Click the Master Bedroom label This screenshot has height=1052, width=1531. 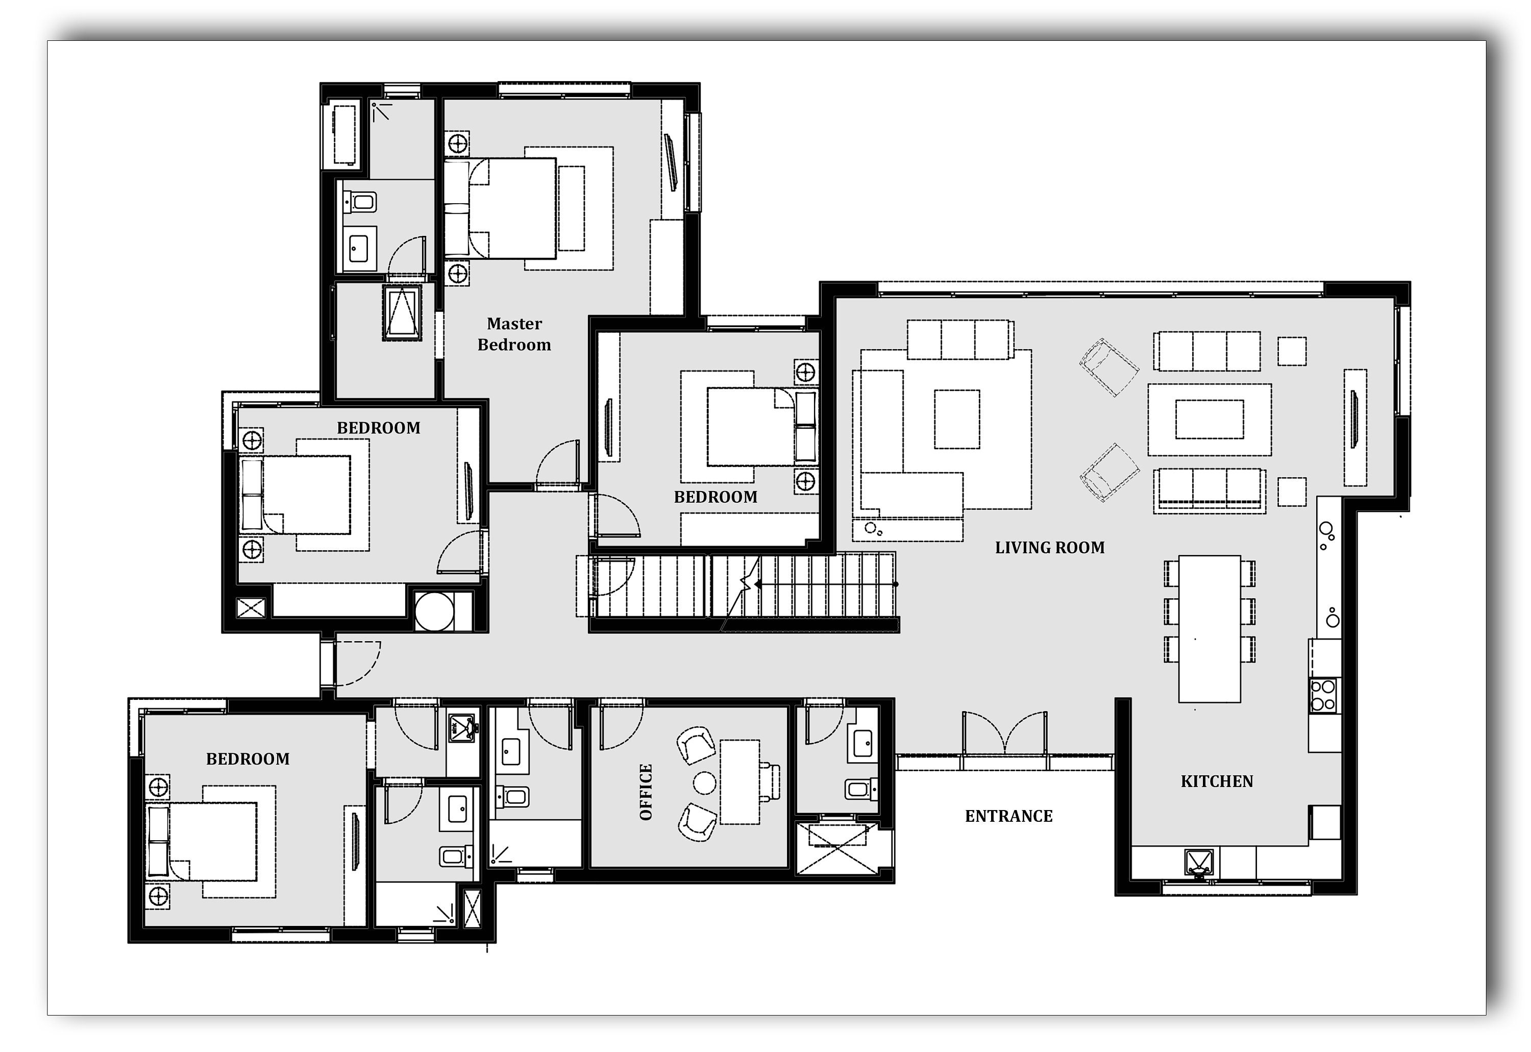click(x=514, y=334)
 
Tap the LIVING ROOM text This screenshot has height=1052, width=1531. click(x=1049, y=548)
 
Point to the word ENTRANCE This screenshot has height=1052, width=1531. click(x=1008, y=817)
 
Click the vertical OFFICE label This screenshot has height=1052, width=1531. click(x=646, y=792)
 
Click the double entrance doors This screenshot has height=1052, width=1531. click(x=1004, y=735)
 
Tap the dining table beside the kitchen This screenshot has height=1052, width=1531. click(x=1209, y=629)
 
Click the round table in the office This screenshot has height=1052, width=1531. click(x=705, y=783)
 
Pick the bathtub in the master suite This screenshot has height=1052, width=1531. click(x=343, y=134)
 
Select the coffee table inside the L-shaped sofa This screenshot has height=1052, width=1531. click(x=956, y=419)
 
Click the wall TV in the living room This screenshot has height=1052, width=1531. click(x=1354, y=428)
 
